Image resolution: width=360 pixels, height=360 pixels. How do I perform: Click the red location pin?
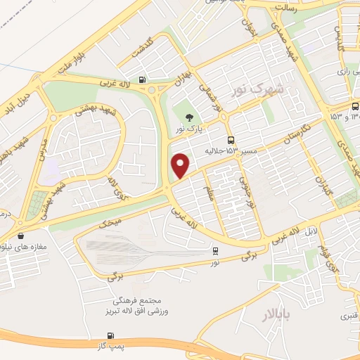pos(181,165)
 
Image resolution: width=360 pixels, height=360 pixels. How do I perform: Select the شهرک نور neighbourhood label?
pos(259,89)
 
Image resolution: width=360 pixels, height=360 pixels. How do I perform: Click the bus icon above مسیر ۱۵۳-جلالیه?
pos(231,139)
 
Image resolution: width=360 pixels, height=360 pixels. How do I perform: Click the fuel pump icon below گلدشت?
pos(143,79)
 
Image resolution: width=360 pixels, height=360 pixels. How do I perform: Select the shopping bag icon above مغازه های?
pos(20,236)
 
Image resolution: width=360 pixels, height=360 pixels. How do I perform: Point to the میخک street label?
pos(110,224)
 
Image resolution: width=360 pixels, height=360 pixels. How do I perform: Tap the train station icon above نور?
pos(215,250)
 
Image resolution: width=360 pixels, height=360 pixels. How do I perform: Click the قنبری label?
pos(349,316)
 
